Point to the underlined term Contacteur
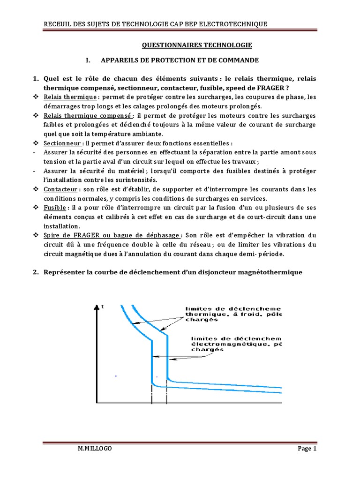tap(60, 189)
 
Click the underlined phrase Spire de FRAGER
tap(75, 235)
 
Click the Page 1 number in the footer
tap(307, 449)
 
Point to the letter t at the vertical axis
tap(102, 307)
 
